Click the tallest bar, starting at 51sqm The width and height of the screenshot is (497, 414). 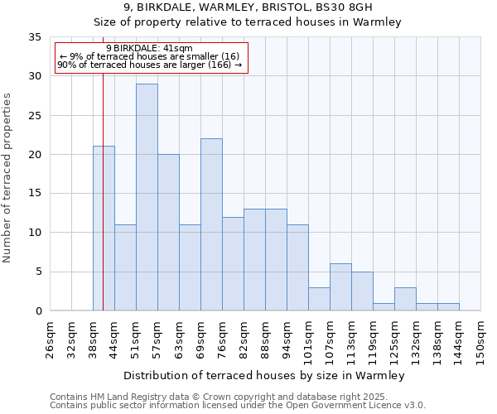point(147,197)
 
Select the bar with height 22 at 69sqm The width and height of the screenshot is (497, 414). point(211,224)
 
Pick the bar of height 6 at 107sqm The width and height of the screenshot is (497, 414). point(340,287)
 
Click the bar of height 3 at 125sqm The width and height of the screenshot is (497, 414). point(405,299)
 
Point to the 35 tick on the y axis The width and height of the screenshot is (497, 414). point(35,37)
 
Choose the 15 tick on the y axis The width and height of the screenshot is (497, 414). point(35,194)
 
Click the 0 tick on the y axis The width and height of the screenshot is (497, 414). point(38,311)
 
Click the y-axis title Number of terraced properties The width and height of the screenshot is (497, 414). point(8,178)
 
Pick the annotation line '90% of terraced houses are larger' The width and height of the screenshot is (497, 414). point(149,65)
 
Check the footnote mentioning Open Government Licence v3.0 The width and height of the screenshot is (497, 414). point(238,406)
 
